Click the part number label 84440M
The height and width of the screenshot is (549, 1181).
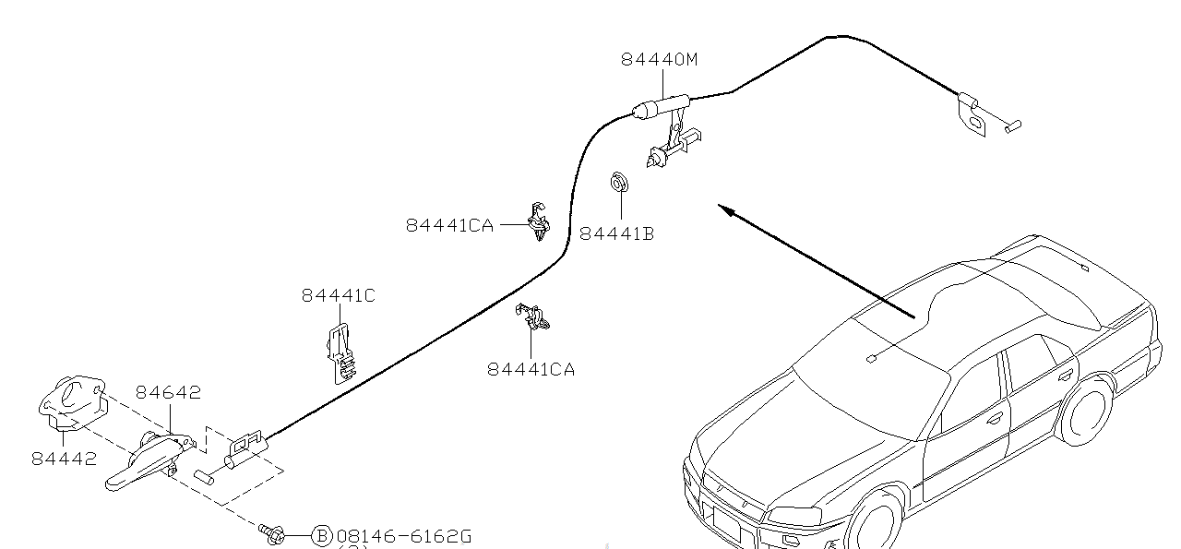tap(659, 59)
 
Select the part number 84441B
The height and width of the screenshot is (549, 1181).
tap(616, 234)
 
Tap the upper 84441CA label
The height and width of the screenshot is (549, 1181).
tap(449, 225)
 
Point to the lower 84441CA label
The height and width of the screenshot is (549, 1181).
tap(531, 369)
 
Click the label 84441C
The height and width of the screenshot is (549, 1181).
tap(338, 295)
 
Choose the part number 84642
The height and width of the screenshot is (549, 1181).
tap(168, 392)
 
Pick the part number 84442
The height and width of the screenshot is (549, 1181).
tap(64, 459)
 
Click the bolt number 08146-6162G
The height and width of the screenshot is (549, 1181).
tap(404, 536)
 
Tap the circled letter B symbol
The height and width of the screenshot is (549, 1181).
tap(321, 536)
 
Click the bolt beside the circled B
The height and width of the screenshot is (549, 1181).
tap(272, 532)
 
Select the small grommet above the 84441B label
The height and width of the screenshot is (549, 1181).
tap(618, 182)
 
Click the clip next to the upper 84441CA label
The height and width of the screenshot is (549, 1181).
tap(538, 221)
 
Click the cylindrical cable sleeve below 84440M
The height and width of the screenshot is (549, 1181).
tap(661, 105)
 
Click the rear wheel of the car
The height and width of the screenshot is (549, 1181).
tap(1086, 411)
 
